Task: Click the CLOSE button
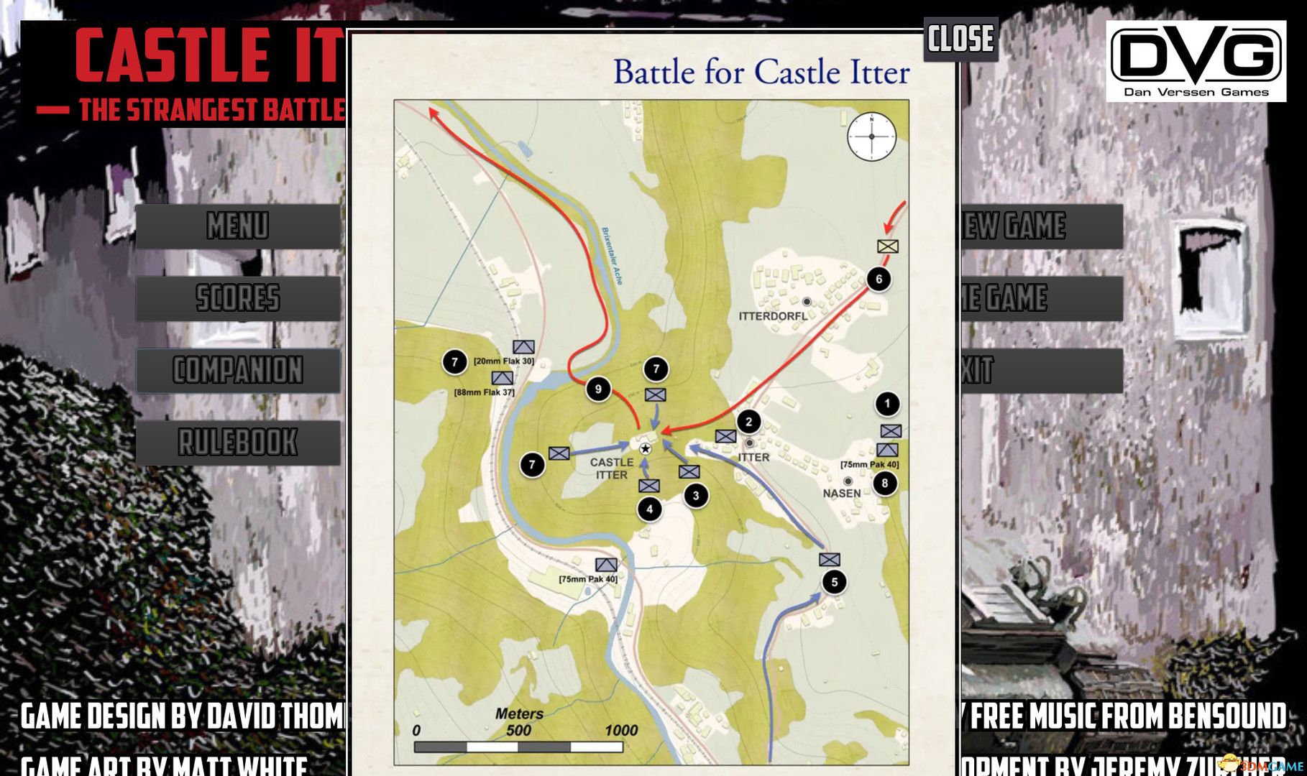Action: pos(960,39)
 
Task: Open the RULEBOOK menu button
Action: pos(238,443)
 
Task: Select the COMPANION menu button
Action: pos(238,371)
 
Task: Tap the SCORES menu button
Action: pos(238,298)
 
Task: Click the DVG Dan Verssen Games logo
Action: pos(1196,61)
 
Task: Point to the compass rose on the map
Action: pos(871,137)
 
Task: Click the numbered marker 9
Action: pos(598,389)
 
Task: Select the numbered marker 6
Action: pos(879,279)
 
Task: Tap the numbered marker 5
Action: pos(834,582)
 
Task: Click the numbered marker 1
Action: pos(887,404)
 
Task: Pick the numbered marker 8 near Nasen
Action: pos(885,483)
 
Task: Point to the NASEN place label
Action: pos(842,494)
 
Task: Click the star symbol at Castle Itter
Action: pos(645,448)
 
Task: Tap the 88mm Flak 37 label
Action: pos(485,392)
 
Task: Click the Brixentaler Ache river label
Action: pos(612,256)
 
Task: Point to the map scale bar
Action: pos(518,747)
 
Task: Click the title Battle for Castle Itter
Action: pos(761,73)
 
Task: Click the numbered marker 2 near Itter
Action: pos(748,422)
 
